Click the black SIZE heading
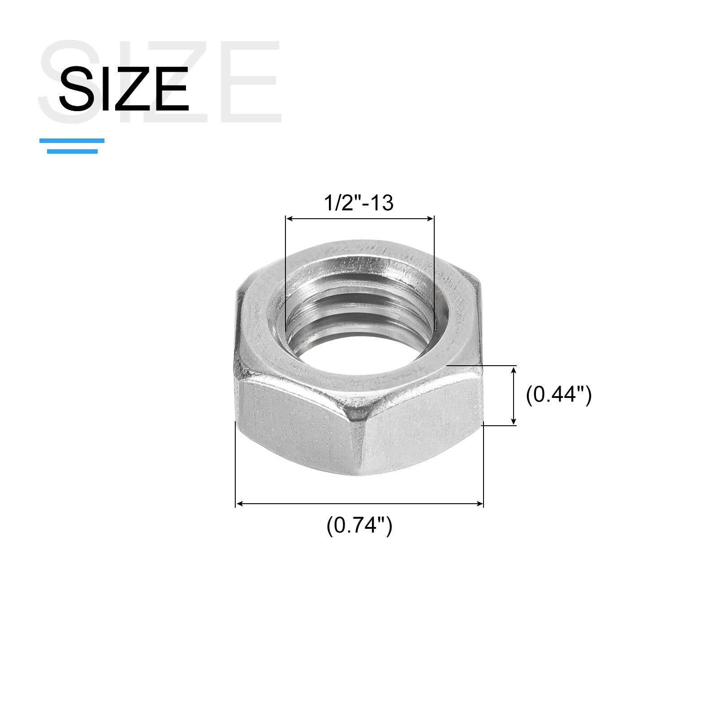(x=124, y=89)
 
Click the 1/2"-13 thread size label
(x=358, y=203)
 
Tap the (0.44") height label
(x=559, y=395)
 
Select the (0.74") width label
(x=359, y=525)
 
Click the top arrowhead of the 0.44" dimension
(x=514, y=369)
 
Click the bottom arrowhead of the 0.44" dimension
(x=514, y=421)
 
